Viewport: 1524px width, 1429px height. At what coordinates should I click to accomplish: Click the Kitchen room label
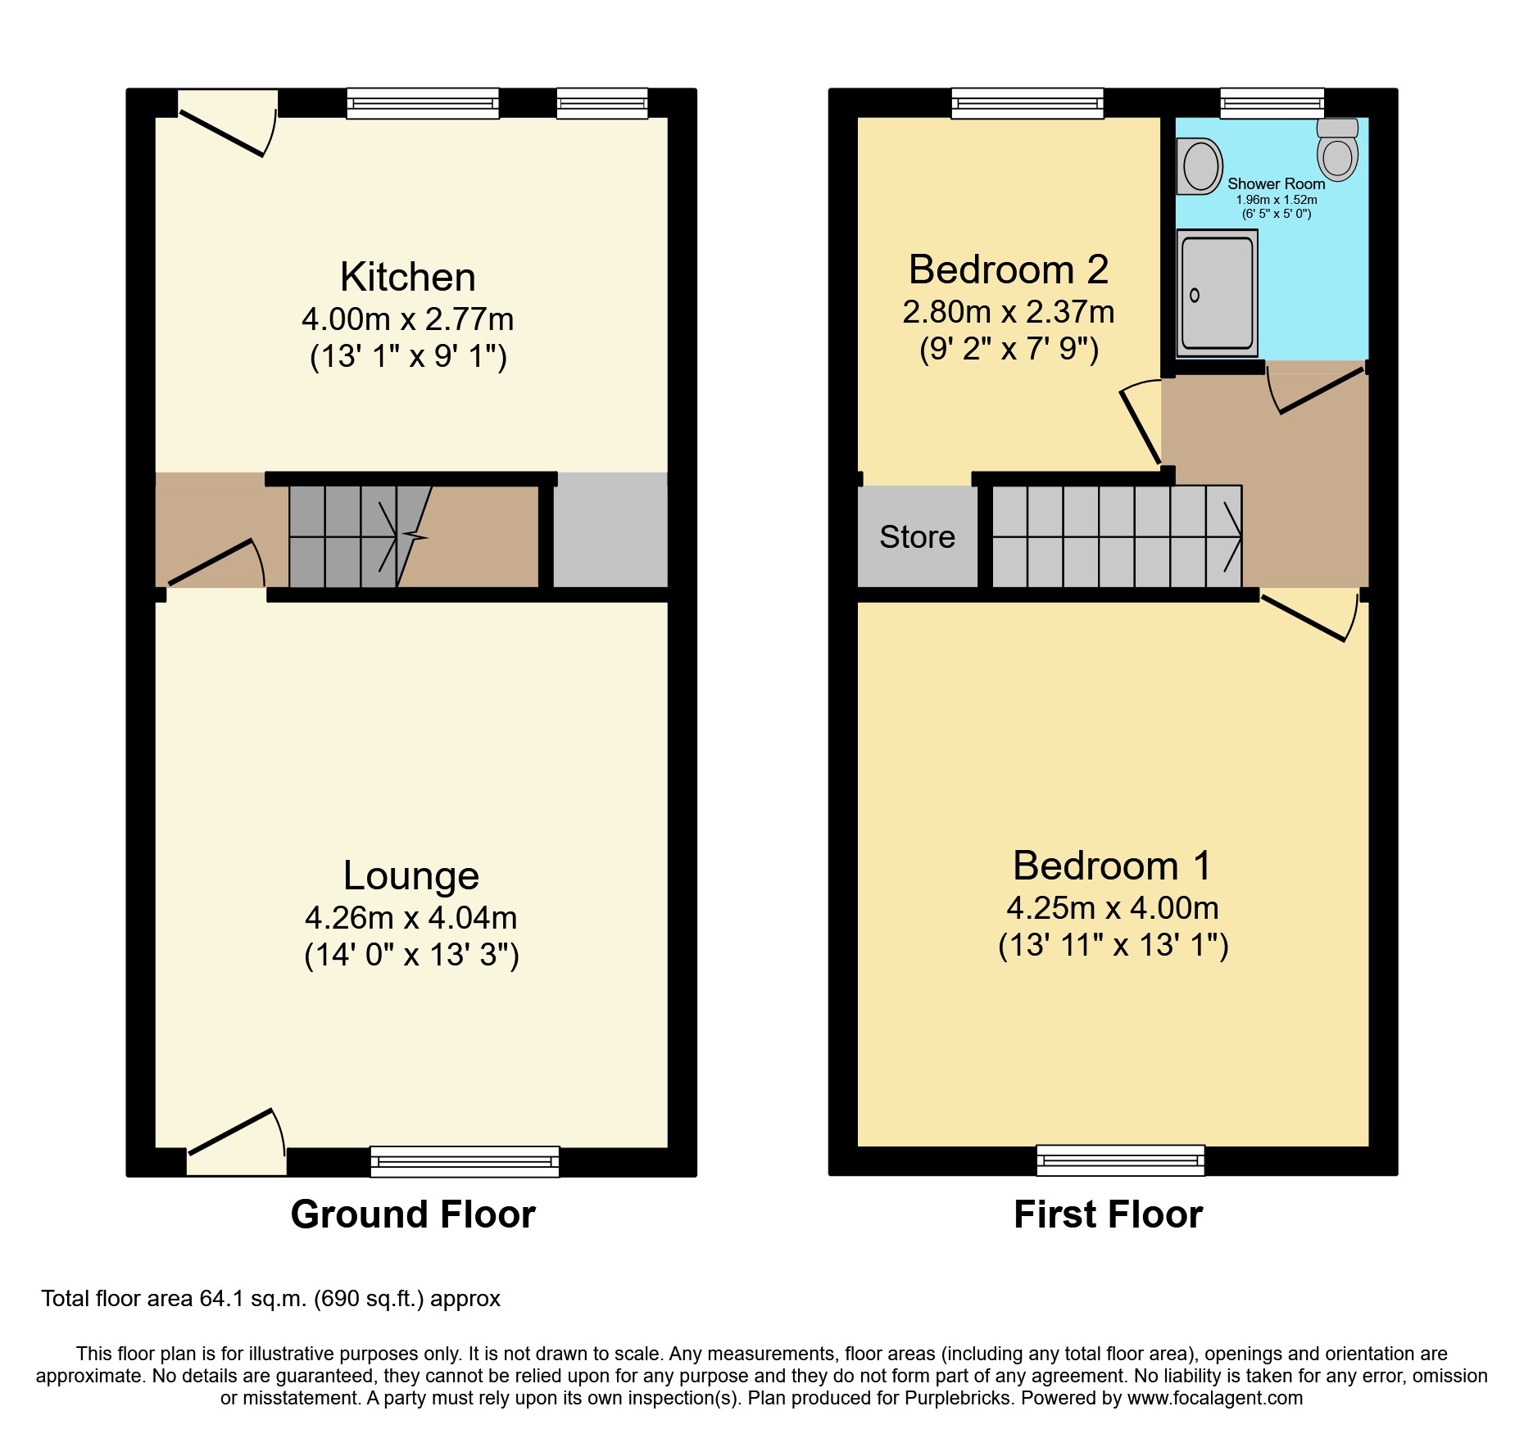pos(407,278)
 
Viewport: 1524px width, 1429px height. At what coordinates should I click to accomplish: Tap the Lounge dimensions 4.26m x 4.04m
pos(410,918)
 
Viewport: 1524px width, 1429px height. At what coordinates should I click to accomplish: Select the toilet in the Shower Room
pos(1337,150)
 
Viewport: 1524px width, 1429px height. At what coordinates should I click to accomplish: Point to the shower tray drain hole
pos(1195,296)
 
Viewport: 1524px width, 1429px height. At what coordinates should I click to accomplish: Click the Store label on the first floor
pos(917,537)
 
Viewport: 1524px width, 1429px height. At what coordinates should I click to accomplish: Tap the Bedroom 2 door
pos(1140,426)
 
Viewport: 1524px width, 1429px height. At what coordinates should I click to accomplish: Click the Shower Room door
pos(1320,391)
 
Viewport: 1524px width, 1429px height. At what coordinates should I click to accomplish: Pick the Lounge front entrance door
pos(231,1132)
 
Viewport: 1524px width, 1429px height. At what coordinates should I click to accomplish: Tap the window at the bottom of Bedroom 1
pos(1120,1160)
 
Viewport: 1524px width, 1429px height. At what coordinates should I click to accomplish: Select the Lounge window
pos(465,1161)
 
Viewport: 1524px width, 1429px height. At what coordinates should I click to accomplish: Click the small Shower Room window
pos(1272,103)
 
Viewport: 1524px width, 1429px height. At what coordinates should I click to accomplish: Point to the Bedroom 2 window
pos(1027,103)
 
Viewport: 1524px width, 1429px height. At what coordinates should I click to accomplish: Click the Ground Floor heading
pos(413,1214)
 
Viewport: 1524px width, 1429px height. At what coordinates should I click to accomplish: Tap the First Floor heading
pos(1108,1214)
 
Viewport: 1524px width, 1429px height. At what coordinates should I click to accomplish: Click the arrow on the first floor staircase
pos(1231,537)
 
